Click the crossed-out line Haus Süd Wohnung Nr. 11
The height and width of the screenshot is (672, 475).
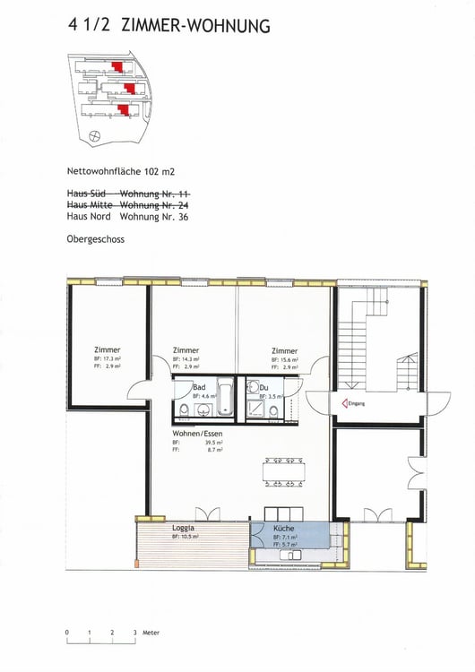tap(127, 193)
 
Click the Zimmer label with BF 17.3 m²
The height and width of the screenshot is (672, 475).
tap(107, 349)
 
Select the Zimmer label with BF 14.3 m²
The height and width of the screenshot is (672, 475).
tap(186, 350)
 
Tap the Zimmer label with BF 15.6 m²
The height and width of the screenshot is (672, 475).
tap(284, 350)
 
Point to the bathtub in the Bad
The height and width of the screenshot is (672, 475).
tap(225, 399)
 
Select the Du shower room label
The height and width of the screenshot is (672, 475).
tap(264, 387)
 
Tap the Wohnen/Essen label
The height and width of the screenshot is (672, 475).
tap(198, 433)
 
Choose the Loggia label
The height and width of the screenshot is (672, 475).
tap(184, 529)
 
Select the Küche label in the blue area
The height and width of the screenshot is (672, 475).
tap(284, 529)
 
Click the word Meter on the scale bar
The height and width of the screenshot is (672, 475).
tap(151, 633)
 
